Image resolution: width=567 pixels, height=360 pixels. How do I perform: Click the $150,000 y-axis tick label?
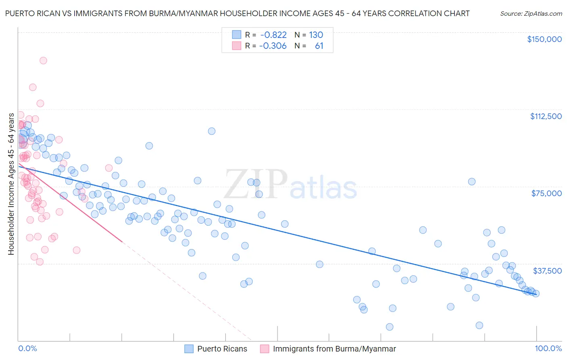click(x=544, y=39)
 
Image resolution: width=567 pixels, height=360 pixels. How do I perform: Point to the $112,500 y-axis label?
click(x=546, y=116)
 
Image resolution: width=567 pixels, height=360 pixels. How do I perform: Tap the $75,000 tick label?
click(x=546, y=193)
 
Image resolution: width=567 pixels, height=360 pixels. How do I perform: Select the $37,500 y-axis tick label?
click(x=547, y=271)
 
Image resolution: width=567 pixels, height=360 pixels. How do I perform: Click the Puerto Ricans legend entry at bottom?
click(x=222, y=349)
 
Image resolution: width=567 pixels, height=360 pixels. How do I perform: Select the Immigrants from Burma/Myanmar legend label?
click(x=334, y=349)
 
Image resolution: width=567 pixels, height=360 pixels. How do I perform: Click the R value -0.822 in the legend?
click(x=273, y=35)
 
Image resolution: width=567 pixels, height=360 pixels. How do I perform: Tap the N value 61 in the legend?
click(x=319, y=46)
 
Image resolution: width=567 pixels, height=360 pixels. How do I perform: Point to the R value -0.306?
click(x=273, y=46)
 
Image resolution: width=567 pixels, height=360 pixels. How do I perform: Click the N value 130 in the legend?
click(x=316, y=35)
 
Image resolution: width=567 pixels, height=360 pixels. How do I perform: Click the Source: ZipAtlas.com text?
click(x=531, y=14)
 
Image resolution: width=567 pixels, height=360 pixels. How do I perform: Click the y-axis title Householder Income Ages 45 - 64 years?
click(x=11, y=184)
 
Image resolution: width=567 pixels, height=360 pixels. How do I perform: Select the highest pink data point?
click(x=43, y=61)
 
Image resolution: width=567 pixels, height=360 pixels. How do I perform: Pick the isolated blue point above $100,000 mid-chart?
click(x=211, y=131)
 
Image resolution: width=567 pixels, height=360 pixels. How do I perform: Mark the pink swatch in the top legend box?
click(x=236, y=46)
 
